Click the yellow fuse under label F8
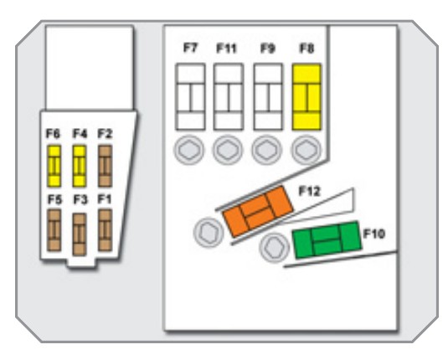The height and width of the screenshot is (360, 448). click(x=306, y=97)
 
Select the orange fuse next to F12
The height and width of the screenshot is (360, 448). click(x=258, y=212)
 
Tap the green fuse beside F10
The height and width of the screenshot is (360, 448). click(x=327, y=239)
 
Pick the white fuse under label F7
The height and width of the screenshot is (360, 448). click(x=190, y=97)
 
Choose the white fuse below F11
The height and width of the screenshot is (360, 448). click(x=229, y=97)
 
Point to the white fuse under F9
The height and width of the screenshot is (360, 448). click(x=268, y=97)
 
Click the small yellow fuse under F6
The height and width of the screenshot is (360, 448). click(x=54, y=166)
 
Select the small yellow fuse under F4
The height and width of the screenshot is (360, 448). click(x=80, y=166)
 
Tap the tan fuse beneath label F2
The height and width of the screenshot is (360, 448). click(x=105, y=166)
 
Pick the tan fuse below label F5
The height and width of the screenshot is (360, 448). click(x=54, y=230)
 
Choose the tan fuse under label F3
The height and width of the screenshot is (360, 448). click(x=80, y=234)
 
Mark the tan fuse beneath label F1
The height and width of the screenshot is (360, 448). click(x=105, y=230)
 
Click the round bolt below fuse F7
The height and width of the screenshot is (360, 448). click(x=189, y=150)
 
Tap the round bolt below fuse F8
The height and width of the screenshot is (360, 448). click(x=306, y=150)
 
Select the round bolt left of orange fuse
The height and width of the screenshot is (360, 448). click(x=209, y=233)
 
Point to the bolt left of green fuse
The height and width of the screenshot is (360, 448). click(x=275, y=248)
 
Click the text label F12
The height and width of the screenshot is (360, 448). click(x=310, y=191)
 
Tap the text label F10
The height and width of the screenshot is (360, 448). click(x=374, y=234)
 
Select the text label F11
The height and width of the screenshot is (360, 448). click(x=227, y=49)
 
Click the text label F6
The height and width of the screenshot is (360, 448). click(x=53, y=133)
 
